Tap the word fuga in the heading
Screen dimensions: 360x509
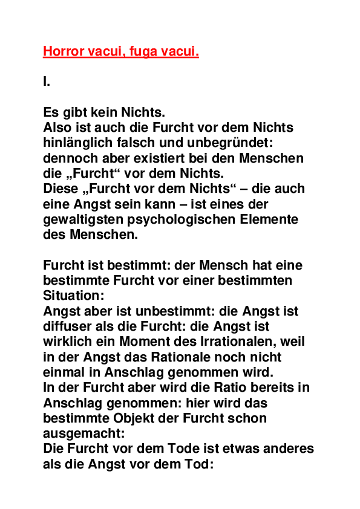[x=141, y=52]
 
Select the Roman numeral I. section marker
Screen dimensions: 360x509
[x=47, y=82]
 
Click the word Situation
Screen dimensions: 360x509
[x=73, y=296]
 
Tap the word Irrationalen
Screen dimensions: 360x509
[x=231, y=342]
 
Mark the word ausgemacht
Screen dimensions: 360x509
[x=82, y=433]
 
